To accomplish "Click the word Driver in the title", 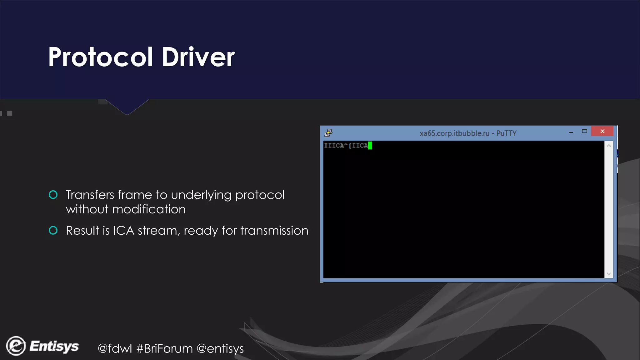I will tap(198, 57).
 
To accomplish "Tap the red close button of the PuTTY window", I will tap(602, 131).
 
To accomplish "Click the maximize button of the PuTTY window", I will tap(584, 131).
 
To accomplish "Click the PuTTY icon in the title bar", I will tap(328, 133).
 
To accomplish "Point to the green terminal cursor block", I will tap(370, 145).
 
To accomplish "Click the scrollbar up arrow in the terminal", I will tap(608, 146).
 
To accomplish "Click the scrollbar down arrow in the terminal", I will tap(608, 274).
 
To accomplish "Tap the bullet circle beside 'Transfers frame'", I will tap(53, 195).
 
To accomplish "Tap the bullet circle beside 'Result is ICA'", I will tap(53, 231).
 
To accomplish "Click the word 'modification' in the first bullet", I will tap(149, 209).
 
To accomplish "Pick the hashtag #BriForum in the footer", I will tap(165, 348).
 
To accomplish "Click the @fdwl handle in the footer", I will tap(115, 348).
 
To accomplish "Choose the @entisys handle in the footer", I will tap(220, 348).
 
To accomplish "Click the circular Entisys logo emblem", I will tap(16, 346).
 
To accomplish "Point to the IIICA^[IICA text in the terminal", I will tap(346, 146).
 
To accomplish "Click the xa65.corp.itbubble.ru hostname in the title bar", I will tap(454, 133).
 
